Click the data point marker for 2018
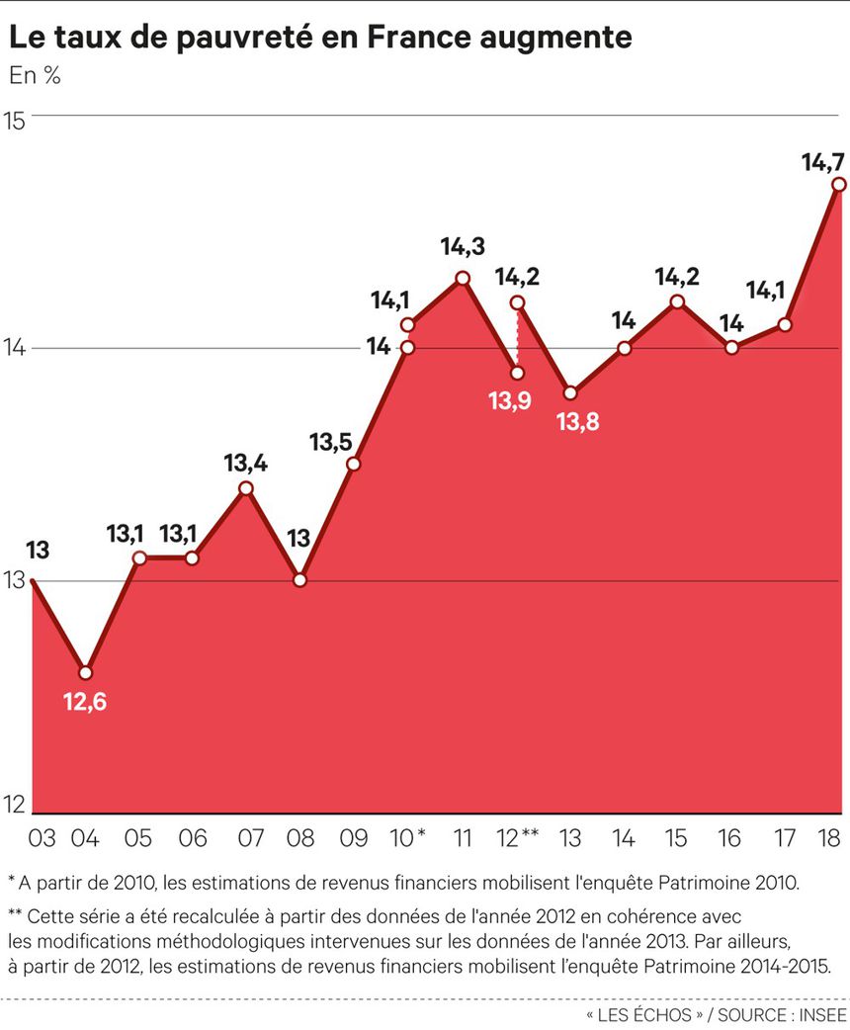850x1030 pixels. coord(838,185)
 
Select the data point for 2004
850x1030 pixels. coord(86,673)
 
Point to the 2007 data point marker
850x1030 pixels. coord(246,488)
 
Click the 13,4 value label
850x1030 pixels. coord(245,461)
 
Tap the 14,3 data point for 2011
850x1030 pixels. coord(462,278)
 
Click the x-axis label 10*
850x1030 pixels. coord(408,839)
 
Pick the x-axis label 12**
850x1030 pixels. coord(516,839)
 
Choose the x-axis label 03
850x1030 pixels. coord(42,839)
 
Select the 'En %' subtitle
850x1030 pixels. coord(35,75)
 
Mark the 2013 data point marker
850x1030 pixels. coord(570,393)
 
